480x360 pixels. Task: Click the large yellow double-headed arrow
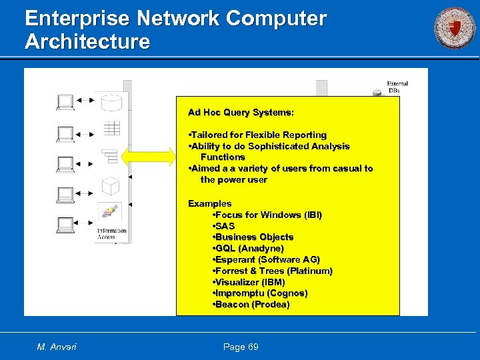[x=148, y=157]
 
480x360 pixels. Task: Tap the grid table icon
[x=111, y=128]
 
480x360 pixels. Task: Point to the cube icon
[x=111, y=185]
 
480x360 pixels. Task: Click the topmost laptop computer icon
[x=65, y=102]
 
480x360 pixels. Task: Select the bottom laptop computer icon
[x=65, y=225]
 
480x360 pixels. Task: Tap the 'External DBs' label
[x=397, y=87]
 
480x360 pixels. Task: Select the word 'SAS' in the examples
[x=225, y=226]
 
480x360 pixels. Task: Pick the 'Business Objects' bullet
[x=253, y=237]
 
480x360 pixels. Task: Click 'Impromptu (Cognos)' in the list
[x=260, y=293]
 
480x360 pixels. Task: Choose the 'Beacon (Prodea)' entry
[x=251, y=304]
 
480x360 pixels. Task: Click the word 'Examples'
[x=209, y=203]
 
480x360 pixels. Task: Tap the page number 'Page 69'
[x=241, y=347]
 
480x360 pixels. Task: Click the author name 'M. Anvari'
[x=57, y=347]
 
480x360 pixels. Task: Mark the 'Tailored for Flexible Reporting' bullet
[x=259, y=135]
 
